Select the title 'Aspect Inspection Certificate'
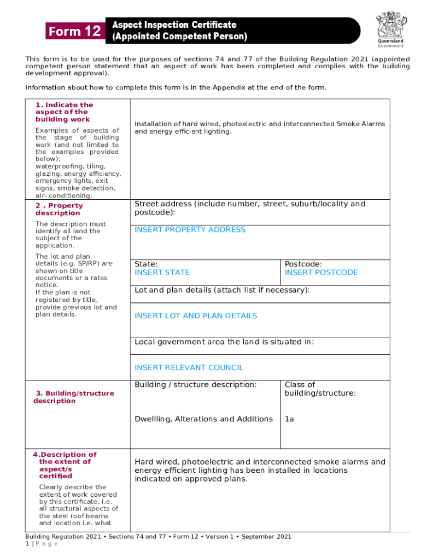(174, 25)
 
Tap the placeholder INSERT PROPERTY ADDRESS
(190, 230)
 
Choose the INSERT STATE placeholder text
(162, 272)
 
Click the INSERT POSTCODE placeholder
(321, 272)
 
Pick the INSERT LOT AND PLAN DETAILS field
(196, 316)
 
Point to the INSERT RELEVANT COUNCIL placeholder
(189, 368)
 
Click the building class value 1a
(289, 419)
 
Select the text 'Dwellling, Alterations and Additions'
(203, 419)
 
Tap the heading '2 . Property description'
(59, 210)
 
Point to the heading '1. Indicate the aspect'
(64, 112)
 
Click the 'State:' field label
(146, 264)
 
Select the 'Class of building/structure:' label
(320, 389)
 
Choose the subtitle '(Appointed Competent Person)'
(179, 37)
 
